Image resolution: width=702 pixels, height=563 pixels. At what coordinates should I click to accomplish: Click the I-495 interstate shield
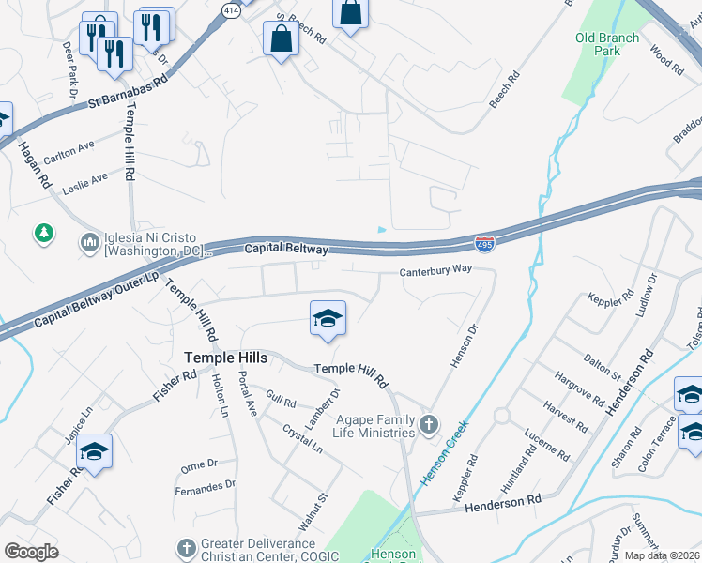click(484, 244)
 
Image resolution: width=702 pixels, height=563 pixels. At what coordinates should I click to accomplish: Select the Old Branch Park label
click(607, 44)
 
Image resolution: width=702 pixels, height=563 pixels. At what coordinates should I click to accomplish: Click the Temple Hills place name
click(225, 358)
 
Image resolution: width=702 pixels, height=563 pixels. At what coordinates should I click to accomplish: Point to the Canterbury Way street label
click(434, 273)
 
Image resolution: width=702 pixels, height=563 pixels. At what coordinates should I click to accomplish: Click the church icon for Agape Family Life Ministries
click(428, 425)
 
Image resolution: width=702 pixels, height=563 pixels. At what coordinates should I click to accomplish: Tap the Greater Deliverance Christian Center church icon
click(186, 546)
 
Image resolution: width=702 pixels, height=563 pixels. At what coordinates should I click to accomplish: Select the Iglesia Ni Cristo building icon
click(90, 243)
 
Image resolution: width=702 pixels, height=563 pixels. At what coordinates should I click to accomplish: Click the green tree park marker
click(43, 233)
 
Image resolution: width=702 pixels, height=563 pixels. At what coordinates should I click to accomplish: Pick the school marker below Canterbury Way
click(328, 319)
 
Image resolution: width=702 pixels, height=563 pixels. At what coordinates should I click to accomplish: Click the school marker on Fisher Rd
click(94, 452)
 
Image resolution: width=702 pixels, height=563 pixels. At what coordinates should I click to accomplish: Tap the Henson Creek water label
click(444, 452)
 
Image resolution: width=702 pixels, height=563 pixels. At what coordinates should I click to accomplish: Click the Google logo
click(31, 552)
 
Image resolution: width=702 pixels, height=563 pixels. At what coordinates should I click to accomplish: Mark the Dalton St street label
click(602, 365)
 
